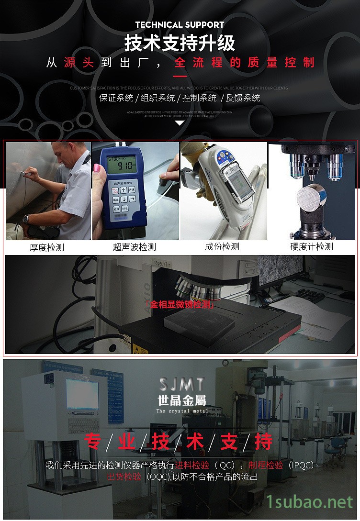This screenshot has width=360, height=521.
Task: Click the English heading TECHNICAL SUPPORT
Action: (180, 24)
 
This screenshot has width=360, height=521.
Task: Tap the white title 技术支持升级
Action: (180, 43)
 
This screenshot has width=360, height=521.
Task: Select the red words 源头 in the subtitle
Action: (79, 63)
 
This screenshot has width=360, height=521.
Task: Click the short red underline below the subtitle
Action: (180, 76)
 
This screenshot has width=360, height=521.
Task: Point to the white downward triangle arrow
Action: (180, 123)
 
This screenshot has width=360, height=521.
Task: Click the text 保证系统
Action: (116, 98)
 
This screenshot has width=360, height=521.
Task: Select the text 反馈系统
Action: (243, 98)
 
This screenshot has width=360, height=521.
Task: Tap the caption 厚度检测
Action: (46, 247)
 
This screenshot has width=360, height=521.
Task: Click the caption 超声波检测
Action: (135, 247)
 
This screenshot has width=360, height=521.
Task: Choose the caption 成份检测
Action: (222, 247)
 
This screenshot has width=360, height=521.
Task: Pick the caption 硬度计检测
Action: (312, 247)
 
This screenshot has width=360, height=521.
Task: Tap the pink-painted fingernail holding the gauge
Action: (96, 168)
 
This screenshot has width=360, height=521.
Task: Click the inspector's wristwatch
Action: (27, 219)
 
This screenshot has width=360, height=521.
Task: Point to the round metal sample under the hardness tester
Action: (312, 197)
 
